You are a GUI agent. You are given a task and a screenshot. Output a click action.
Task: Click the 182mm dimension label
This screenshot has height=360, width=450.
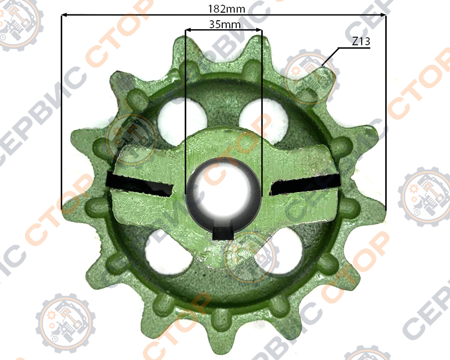click(x=226, y=9)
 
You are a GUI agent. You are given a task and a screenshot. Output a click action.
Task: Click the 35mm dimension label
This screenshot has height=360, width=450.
click(x=225, y=24)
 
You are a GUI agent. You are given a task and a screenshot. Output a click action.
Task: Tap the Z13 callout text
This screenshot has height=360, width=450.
click(x=361, y=41)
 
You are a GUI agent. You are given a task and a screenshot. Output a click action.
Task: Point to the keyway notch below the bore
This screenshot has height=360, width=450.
click(x=223, y=232)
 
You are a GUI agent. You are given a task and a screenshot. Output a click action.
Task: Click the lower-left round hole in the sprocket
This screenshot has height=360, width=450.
click(x=169, y=252)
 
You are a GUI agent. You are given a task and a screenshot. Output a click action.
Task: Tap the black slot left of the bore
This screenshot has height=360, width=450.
click(x=140, y=184)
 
